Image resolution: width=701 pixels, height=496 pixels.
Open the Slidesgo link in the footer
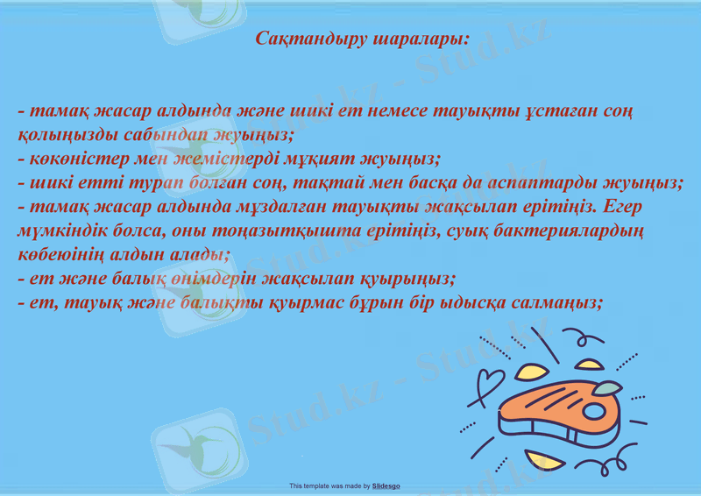coord(386,485)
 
